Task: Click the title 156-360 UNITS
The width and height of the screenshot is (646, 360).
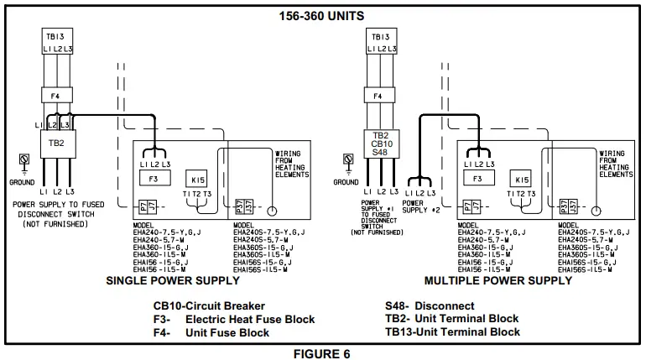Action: (322, 15)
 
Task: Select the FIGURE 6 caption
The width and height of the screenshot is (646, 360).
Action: (322, 353)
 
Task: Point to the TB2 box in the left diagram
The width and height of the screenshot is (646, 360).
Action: (56, 143)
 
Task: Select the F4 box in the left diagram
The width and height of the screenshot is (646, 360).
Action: (56, 97)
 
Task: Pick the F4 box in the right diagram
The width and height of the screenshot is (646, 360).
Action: (379, 97)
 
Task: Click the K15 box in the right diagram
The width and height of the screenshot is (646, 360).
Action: (522, 179)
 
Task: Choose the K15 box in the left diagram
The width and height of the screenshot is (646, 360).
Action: (198, 178)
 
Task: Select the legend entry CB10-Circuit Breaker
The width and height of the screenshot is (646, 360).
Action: (209, 306)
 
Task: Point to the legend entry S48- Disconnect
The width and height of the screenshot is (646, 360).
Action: (430, 306)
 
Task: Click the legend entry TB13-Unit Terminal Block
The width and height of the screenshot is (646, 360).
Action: (452, 332)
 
